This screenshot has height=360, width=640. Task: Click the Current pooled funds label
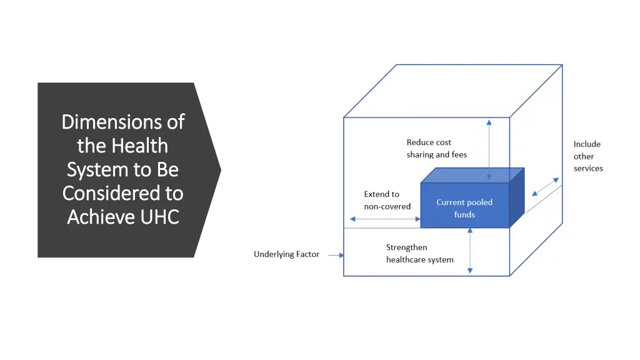464,208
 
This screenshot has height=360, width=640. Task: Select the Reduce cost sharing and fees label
436,149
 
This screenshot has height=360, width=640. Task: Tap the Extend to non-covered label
387,200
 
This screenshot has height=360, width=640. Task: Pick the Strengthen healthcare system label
419,253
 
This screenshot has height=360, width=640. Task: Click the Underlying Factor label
286,254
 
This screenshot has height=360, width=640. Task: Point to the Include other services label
587,156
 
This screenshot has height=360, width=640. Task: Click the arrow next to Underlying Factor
336,255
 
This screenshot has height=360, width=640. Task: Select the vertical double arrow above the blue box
489,150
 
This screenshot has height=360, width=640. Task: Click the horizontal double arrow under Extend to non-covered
385,219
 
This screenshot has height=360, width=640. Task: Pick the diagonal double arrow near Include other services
545,186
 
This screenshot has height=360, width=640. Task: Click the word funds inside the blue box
464,214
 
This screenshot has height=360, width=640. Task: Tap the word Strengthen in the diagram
406,247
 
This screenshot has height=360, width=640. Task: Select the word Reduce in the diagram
419,142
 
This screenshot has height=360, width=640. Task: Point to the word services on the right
588,168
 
